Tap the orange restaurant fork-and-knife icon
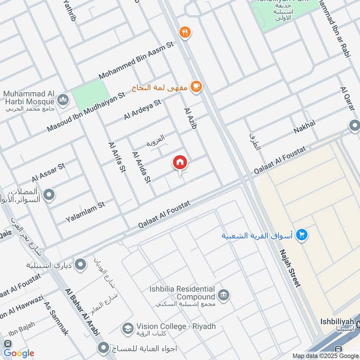pyautogui.click(x=184, y=32)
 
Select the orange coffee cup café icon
pyautogui.click(x=196, y=86)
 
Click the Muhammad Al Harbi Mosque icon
pyautogui.click(x=63, y=98)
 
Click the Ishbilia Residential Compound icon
pyautogui.click(x=222, y=295)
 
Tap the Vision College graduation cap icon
pyautogui.click(x=127, y=328)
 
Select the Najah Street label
pyautogui.click(x=289, y=268)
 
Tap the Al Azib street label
pyautogui.click(x=191, y=120)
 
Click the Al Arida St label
pyautogui.click(x=141, y=167)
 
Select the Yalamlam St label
pyautogui.click(x=85, y=211)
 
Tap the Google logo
pyautogui.click(x=19, y=353)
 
